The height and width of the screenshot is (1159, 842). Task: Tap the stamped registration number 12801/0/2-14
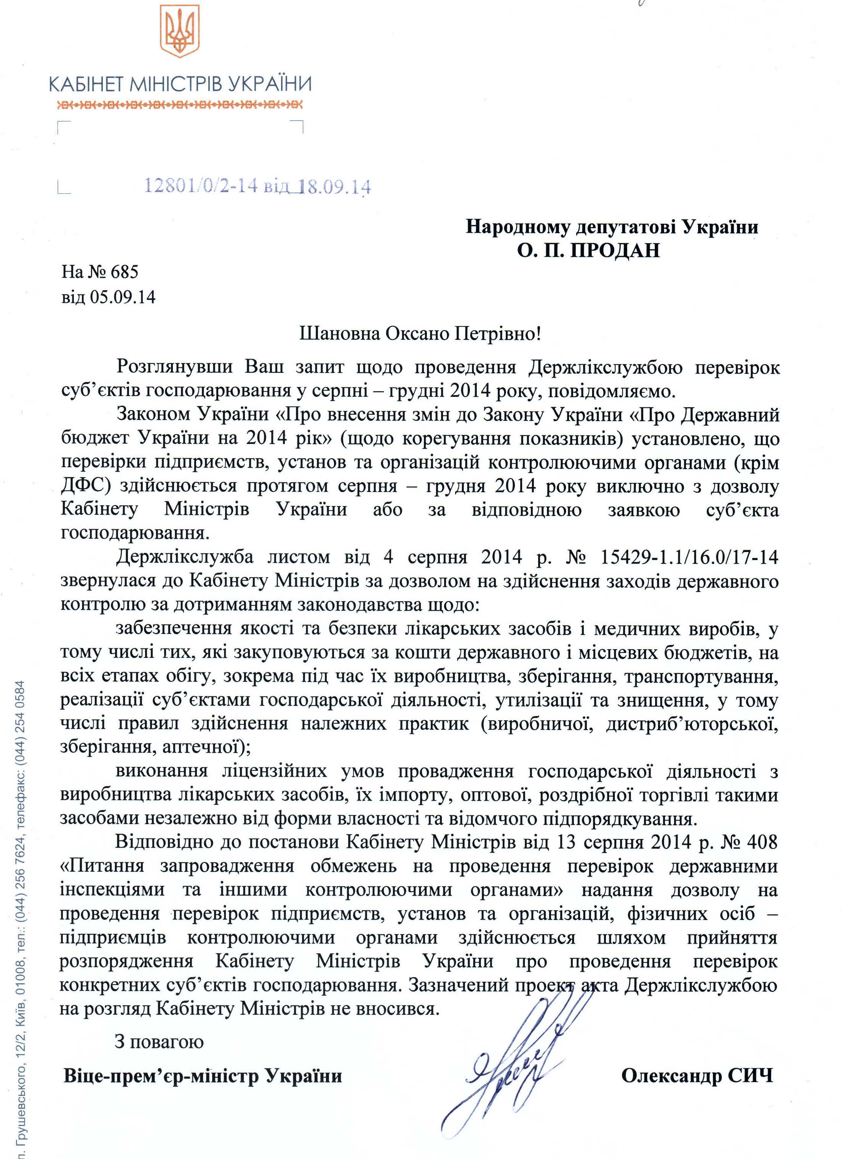201,186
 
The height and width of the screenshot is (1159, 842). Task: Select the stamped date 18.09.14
334,187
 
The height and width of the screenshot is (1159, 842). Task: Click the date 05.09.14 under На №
123,296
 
